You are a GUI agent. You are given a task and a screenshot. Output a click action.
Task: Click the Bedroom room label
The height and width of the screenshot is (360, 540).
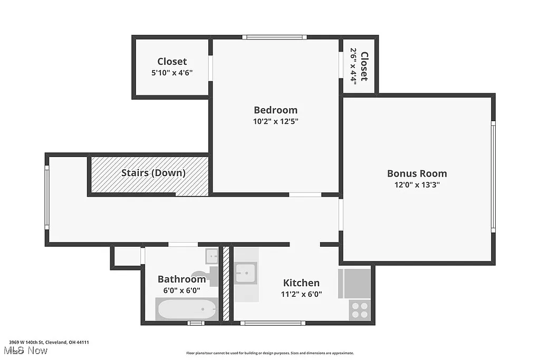[275, 110]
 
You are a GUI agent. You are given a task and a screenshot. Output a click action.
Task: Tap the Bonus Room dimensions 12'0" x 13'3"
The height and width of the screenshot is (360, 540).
[417, 185]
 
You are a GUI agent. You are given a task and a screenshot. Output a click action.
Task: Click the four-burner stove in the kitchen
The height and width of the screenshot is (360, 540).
[360, 310]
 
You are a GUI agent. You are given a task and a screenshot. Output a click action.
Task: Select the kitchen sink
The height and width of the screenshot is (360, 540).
[246, 274]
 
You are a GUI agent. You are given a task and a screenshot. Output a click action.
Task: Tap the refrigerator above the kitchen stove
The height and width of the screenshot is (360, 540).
[354, 283]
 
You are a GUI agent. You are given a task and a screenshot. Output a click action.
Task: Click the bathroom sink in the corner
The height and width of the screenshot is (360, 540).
[212, 256]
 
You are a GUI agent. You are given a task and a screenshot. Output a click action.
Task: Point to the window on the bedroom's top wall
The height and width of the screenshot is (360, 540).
[274, 37]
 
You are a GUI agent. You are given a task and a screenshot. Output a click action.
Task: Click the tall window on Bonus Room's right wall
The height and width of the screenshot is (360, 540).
[493, 177]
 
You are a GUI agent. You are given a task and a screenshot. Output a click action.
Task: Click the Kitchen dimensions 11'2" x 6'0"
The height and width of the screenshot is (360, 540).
[301, 295]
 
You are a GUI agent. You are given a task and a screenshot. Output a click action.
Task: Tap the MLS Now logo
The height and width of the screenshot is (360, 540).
[25, 351]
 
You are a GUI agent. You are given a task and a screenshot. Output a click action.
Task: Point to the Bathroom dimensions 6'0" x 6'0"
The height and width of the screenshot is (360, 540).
[182, 290]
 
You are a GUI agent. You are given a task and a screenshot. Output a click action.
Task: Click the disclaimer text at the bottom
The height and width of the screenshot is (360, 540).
[270, 353]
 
